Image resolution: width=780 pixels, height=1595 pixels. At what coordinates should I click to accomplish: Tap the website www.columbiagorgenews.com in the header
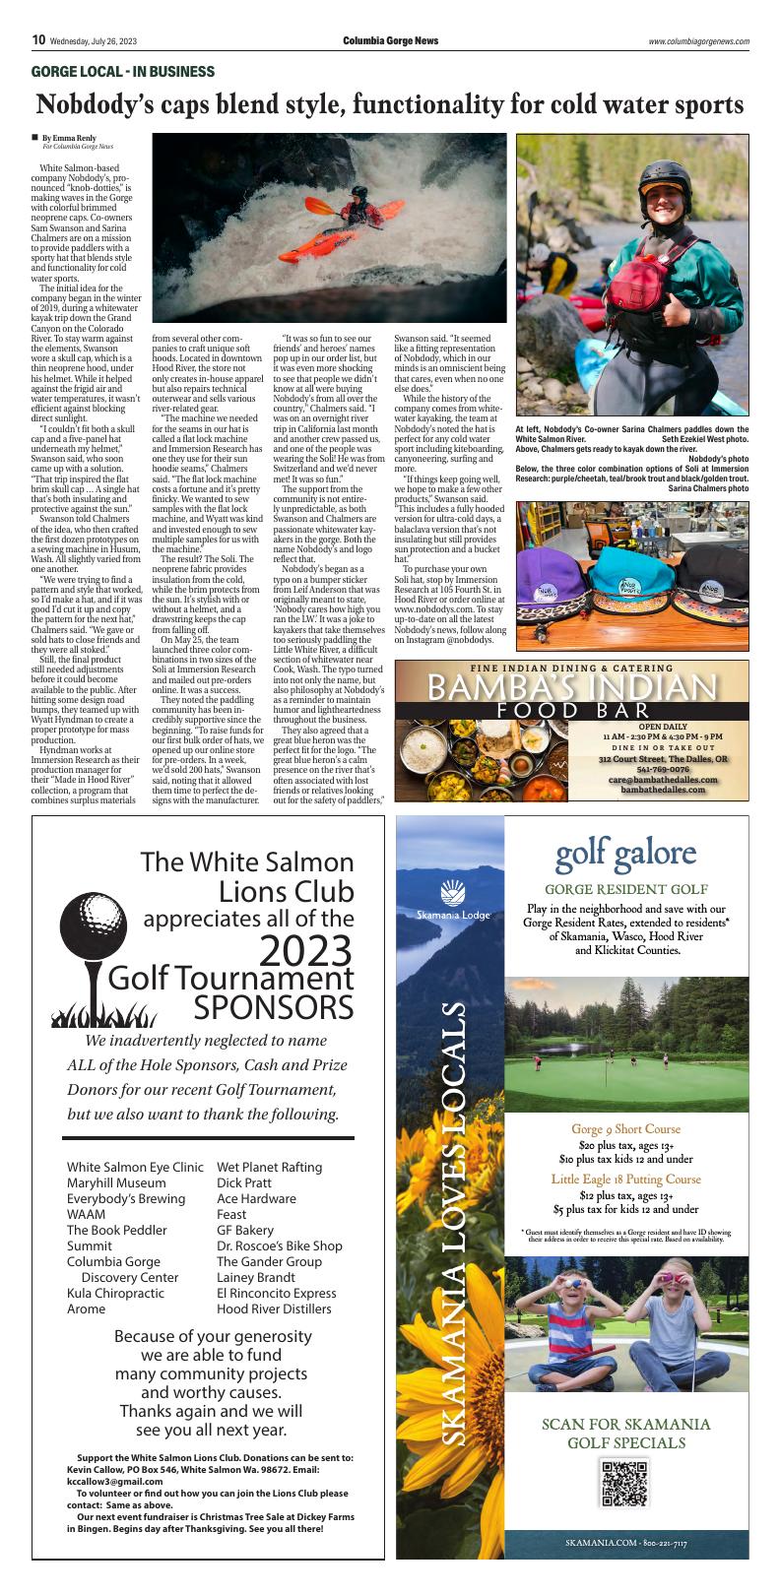(698, 41)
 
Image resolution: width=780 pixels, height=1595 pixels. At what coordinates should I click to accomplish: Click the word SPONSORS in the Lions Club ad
(273, 1008)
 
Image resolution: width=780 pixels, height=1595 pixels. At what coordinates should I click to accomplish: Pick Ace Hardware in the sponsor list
(256, 1198)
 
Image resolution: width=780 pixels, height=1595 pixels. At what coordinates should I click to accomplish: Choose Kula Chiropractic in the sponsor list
(122, 1293)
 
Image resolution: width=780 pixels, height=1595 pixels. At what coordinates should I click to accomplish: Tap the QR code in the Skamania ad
(623, 1484)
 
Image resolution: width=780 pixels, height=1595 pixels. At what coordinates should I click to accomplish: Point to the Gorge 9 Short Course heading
(625, 1128)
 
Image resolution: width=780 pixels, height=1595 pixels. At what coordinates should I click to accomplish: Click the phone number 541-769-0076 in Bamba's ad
(664, 770)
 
